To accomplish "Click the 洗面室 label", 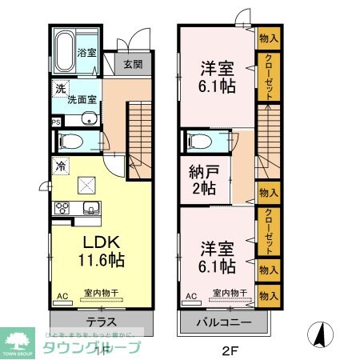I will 82,101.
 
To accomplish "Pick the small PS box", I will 56,122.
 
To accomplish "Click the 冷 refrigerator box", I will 59,166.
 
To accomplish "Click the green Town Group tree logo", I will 17,337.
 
